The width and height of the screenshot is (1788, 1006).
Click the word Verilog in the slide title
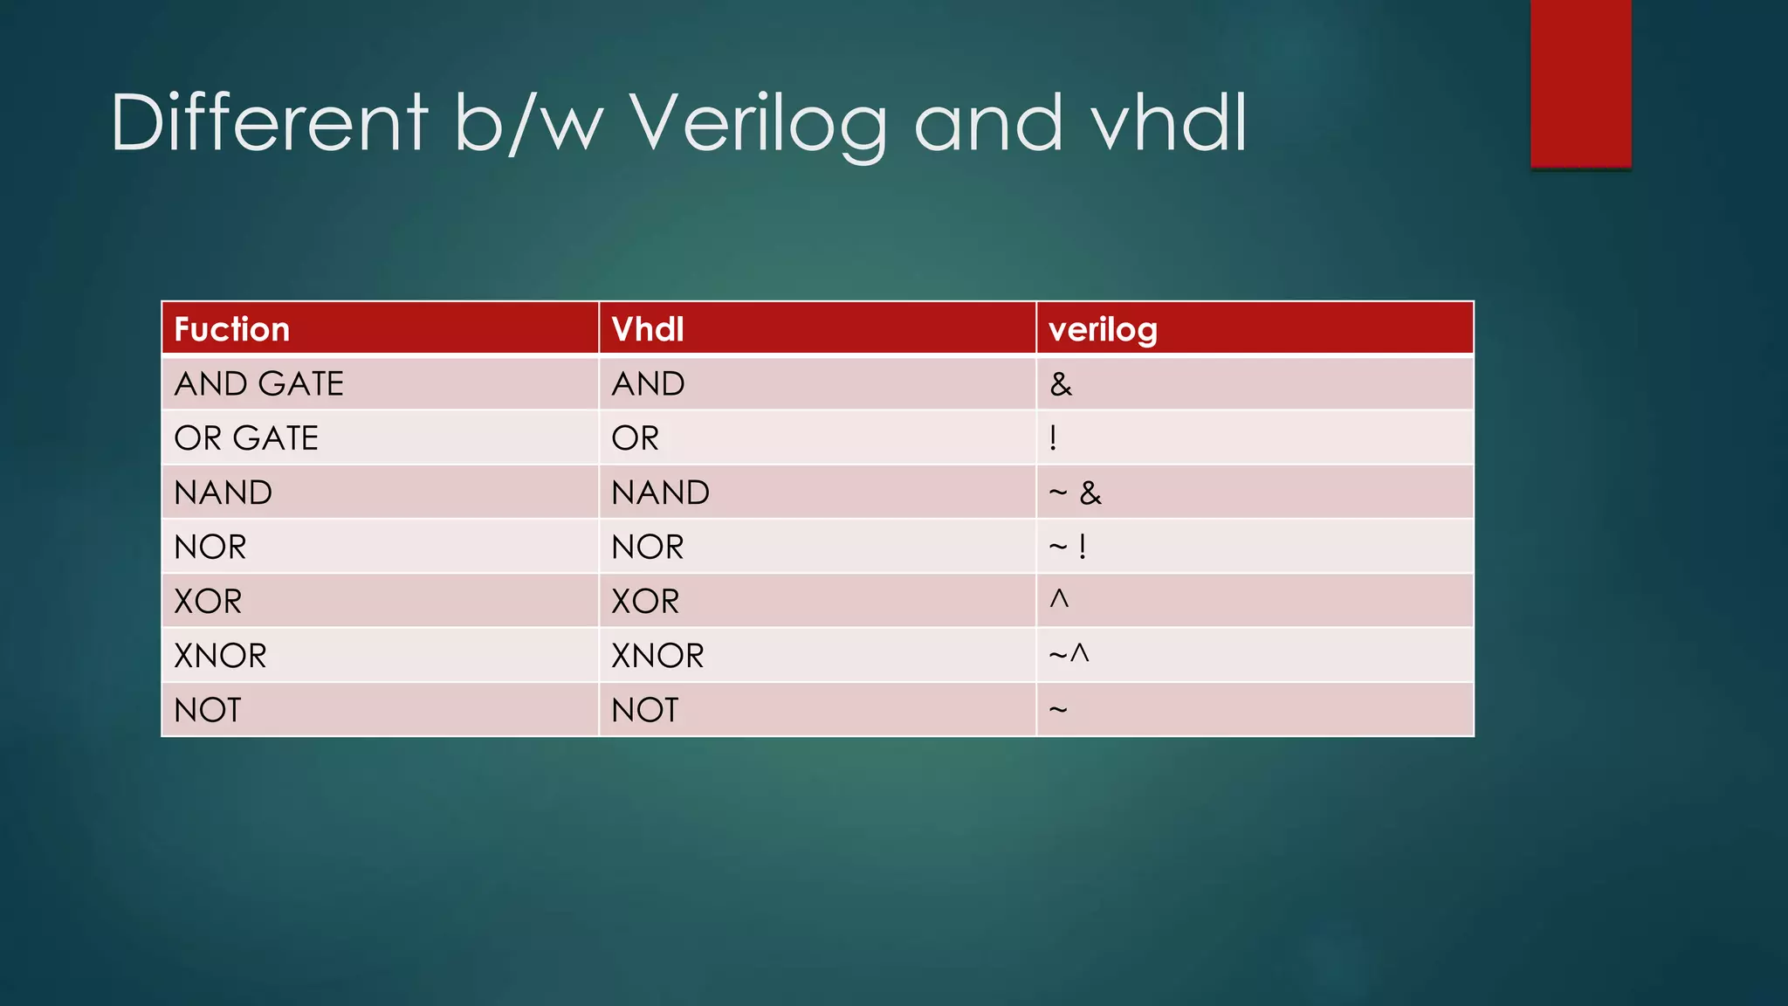pos(758,124)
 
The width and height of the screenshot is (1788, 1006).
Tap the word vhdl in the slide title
pos(1169,124)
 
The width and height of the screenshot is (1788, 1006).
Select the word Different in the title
pos(269,124)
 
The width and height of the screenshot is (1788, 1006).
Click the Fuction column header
pos(231,329)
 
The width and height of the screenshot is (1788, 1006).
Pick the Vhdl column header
pos(648,329)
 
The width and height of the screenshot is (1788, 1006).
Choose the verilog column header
pos(1103,329)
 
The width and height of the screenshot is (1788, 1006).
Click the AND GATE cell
pos(258,384)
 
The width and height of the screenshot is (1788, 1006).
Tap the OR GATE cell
pos(246,438)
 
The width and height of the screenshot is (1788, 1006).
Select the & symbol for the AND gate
pos(1061,384)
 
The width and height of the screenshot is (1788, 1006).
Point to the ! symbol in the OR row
pos(1054,438)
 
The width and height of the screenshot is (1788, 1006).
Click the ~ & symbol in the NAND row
pos(1075,493)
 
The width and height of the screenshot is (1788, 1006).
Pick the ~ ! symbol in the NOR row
pos(1068,548)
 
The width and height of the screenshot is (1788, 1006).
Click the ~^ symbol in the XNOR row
pos(1069,654)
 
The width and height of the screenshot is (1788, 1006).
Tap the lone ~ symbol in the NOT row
pos(1058,709)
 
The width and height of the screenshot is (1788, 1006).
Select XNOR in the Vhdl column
pos(657,656)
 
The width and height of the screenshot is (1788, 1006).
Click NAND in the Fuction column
pos(223,493)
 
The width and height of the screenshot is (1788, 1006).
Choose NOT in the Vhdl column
pos(644,710)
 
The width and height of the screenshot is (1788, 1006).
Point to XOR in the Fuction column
pos(208,602)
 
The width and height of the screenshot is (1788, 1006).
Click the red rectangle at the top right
pos(1580,83)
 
